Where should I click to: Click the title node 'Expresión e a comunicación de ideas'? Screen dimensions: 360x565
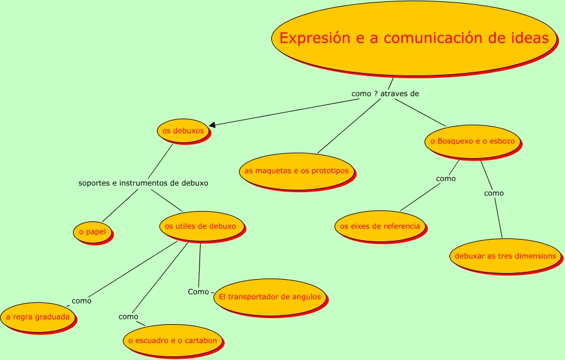[x=414, y=38]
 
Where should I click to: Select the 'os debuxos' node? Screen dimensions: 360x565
[x=183, y=131]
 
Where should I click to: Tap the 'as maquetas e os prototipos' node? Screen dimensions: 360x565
[x=296, y=171]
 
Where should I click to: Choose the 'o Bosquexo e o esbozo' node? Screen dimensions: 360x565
[x=473, y=141]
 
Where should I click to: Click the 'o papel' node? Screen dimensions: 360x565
[x=92, y=232]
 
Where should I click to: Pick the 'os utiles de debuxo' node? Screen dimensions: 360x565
[x=200, y=226]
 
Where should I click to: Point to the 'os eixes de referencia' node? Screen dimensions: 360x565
[x=380, y=226]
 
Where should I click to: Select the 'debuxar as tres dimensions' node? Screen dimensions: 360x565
[x=505, y=256]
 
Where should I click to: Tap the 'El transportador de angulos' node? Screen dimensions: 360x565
[x=270, y=297]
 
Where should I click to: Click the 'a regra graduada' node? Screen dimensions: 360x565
[x=38, y=317]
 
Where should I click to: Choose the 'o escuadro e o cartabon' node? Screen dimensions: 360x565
[x=172, y=341]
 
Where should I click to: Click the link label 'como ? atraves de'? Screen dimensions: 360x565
[x=385, y=94]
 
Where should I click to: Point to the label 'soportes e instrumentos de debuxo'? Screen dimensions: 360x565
[x=144, y=182]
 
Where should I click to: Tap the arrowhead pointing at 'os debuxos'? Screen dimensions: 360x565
[x=212, y=125]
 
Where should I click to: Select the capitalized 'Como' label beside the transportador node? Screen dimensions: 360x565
[x=198, y=292]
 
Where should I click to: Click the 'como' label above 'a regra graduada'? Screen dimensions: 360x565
[x=81, y=300]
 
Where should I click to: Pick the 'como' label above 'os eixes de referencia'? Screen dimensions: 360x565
[x=446, y=179]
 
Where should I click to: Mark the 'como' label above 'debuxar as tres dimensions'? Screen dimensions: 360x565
[x=494, y=193]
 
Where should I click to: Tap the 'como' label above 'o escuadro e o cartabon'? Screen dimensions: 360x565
[x=128, y=317]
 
